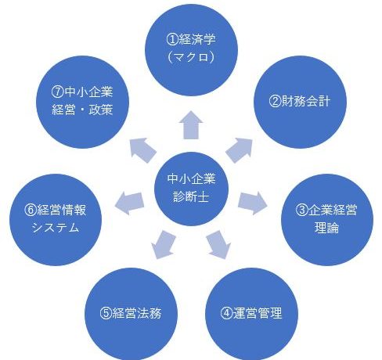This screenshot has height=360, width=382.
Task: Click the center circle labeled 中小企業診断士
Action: click(191, 189)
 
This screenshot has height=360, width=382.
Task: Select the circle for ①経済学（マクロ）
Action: click(191, 49)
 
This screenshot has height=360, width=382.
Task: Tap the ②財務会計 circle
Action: click(300, 102)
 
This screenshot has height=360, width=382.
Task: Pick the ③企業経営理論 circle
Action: click(327, 220)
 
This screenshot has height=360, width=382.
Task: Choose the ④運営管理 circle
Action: click(251, 314)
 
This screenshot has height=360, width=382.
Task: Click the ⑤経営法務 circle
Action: click(131, 314)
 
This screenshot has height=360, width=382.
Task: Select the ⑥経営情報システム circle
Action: click(56, 220)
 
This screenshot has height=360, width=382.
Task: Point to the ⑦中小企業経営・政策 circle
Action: click(82, 102)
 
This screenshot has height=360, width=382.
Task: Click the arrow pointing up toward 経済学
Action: click(191, 125)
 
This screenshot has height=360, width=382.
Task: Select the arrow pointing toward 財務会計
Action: click(240, 150)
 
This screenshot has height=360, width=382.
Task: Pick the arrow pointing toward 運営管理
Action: click(219, 244)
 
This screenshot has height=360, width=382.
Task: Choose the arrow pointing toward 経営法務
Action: click(163, 244)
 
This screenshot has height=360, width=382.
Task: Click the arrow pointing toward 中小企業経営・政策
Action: click(143, 150)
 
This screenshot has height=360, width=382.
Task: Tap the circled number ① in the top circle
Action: click(172, 40)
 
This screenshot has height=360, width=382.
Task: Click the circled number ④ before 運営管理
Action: click(226, 313)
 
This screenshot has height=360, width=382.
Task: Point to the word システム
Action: click(56, 228)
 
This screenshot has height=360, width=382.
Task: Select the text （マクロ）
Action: click(191, 57)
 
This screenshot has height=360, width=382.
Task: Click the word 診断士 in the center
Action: click(191, 196)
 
